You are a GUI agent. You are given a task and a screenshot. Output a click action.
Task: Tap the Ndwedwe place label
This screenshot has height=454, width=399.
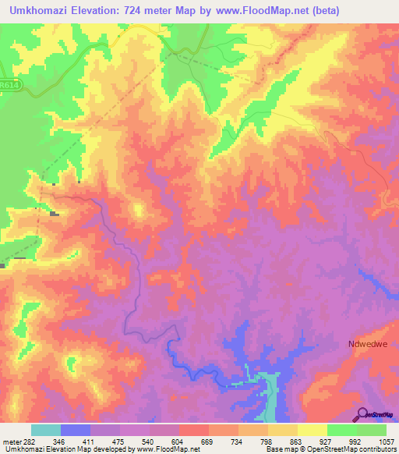367,344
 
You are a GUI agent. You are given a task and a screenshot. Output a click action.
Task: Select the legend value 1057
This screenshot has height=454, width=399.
383,442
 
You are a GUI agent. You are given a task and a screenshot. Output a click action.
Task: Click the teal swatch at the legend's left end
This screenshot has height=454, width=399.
46,430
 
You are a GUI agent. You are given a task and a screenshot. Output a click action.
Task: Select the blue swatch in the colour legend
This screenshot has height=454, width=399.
76,430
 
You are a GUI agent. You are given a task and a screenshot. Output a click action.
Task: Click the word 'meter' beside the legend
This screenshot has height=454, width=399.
12,442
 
